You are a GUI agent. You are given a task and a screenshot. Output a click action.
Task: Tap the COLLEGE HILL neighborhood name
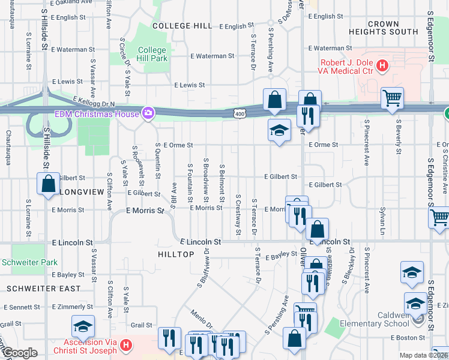point(182,26)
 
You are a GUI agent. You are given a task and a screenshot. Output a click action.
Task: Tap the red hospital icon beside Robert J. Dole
point(382,64)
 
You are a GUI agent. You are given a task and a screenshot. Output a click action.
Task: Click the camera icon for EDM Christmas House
point(148,113)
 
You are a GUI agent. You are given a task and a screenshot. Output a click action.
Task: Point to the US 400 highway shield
point(240,113)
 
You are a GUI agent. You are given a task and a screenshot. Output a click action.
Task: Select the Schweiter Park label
point(29,262)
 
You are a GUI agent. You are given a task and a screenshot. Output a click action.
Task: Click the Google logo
point(19,353)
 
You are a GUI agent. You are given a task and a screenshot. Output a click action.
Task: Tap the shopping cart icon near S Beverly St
point(392,97)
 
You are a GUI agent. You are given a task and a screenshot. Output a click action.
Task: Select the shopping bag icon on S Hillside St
point(48,184)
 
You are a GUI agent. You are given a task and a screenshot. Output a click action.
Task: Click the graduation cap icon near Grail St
point(83,326)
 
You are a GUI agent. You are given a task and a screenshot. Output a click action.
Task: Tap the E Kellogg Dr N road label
point(94,103)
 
